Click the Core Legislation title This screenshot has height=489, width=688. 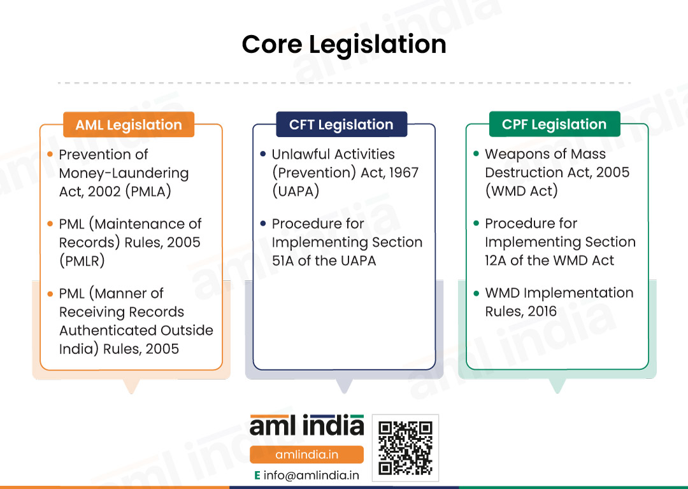(x=344, y=45)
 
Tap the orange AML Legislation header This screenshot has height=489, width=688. (x=129, y=125)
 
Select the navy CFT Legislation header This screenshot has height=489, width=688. (x=341, y=124)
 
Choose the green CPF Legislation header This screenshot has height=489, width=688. (x=555, y=124)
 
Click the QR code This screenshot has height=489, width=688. (x=405, y=448)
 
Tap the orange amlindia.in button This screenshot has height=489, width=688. (x=306, y=455)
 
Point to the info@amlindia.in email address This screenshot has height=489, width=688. (x=311, y=476)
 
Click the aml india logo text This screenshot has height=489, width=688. (x=306, y=425)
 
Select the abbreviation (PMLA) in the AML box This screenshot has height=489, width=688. (x=148, y=192)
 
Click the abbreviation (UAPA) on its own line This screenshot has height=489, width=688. (x=296, y=191)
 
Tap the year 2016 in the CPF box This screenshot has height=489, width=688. (x=542, y=311)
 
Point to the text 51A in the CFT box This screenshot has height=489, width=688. (x=283, y=260)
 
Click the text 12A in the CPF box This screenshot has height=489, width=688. (x=496, y=260)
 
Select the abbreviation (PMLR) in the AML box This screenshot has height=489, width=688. (x=82, y=261)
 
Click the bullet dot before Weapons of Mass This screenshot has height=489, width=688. (x=476, y=153)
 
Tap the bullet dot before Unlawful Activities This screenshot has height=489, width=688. (x=263, y=153)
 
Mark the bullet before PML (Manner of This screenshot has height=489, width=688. (x=50, y=294)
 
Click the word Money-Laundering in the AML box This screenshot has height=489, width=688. (x=124, y=173)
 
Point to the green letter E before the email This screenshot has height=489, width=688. (x=257, y=476)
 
